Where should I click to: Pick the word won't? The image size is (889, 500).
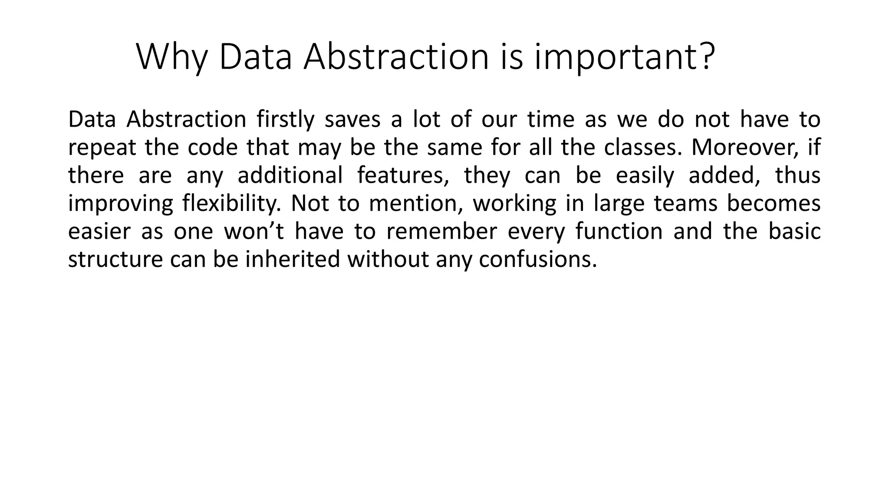[x=254, y=231]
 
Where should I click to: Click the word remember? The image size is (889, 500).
[x=441, y=231]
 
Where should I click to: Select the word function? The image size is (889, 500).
[x=619, y=231]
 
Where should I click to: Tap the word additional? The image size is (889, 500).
[x=290, y=175]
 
